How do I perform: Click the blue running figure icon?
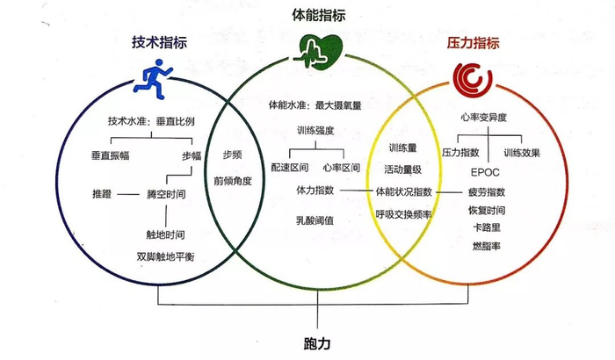[155, 76]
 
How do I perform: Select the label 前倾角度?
[232, 181]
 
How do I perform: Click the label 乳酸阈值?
[316, 221]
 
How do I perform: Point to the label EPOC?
[485, 173]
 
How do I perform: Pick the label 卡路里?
[488, 227]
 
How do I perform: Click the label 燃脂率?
[488, 244]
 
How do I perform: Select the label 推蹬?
[103, 192]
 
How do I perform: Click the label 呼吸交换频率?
[403, 212]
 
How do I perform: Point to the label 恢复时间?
[488, 210]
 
